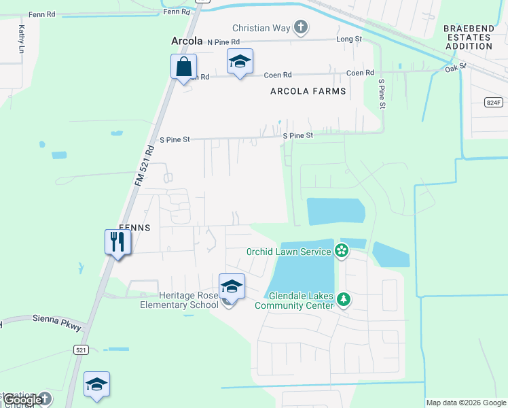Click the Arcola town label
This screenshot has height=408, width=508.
pos(187,41)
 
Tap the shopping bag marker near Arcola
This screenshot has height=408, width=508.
pos(183,67)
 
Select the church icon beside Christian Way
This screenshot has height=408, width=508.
pos(301,28)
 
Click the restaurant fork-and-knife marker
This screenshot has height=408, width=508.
pos(117,241)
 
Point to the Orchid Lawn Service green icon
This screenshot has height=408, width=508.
pos(342,252)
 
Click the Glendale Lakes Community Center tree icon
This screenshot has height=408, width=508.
pos(344,299)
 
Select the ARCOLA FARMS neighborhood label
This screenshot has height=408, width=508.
pos(308,91)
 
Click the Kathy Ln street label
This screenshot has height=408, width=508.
pos(22,39)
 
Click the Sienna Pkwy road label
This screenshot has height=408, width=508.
pos(57,322)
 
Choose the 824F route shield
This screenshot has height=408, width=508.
pos(494,103)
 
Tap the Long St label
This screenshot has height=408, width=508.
pos(349,39)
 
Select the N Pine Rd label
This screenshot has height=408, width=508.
pos(223,41)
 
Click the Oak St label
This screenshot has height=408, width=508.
pos(456,67)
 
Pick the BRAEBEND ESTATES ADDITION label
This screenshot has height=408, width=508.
pos(468,37)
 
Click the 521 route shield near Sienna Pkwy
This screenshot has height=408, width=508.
pos(81,350)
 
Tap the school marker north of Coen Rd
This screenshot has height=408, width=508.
pos(240,61)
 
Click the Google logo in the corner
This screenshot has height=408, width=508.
pos(23,401)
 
